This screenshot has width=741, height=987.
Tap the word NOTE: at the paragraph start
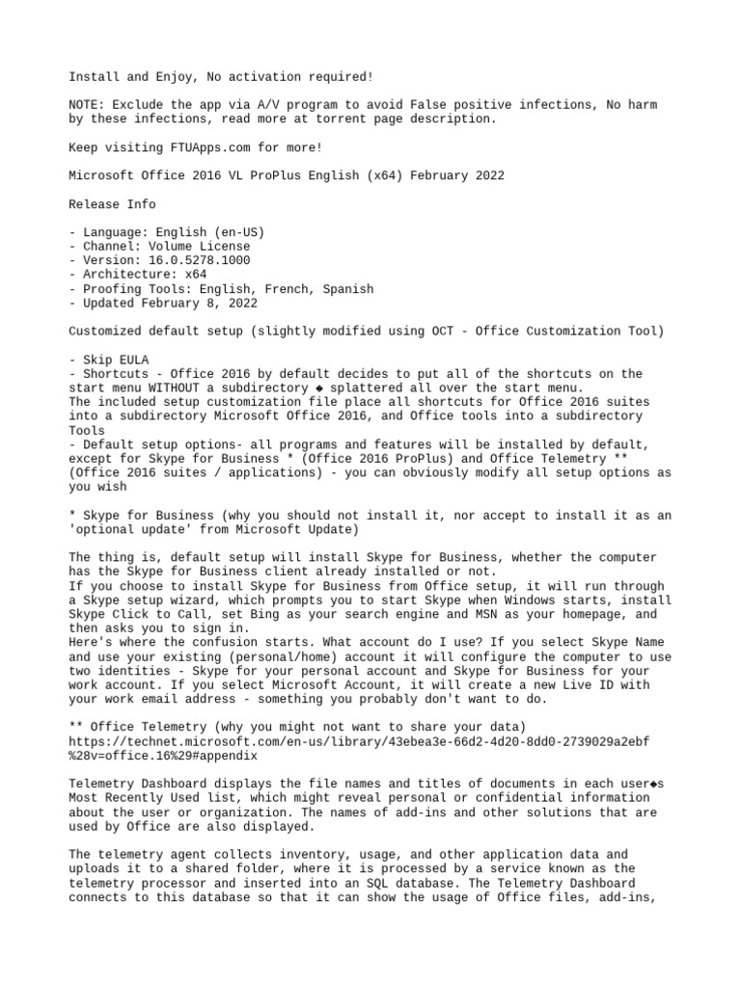click(87, 105)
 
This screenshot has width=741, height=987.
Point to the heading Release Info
click(112, 204)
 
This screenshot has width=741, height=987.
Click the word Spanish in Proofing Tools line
click(344, 288)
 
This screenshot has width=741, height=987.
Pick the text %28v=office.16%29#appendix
click(164, 757)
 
